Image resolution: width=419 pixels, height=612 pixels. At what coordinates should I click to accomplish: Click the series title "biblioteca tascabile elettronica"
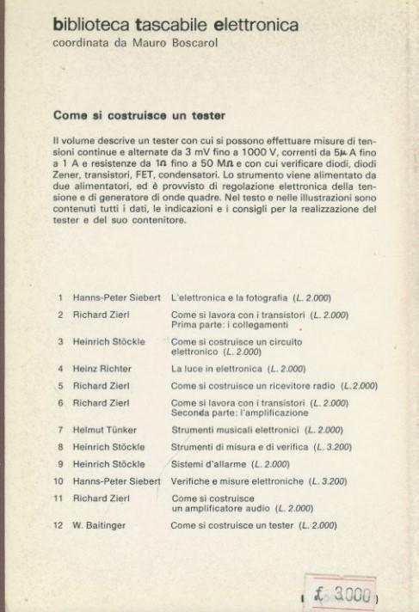click(176, 25)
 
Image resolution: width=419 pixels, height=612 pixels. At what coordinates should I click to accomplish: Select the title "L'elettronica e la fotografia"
click(231, 297)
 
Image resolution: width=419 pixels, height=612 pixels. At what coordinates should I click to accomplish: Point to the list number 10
click(59, 480)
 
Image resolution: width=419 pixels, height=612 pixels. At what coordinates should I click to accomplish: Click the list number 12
click(59, 524)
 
